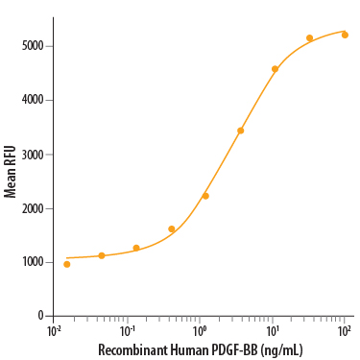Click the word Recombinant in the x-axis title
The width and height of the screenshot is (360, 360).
point(131,350)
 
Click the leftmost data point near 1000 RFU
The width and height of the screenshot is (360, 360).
point(67,264)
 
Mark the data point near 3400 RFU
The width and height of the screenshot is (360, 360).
point(241,131)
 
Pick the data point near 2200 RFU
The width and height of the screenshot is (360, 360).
point(205,196)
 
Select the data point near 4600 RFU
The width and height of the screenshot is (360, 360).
point(276,69)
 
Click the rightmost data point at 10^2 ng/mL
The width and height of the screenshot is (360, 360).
point(345,35)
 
